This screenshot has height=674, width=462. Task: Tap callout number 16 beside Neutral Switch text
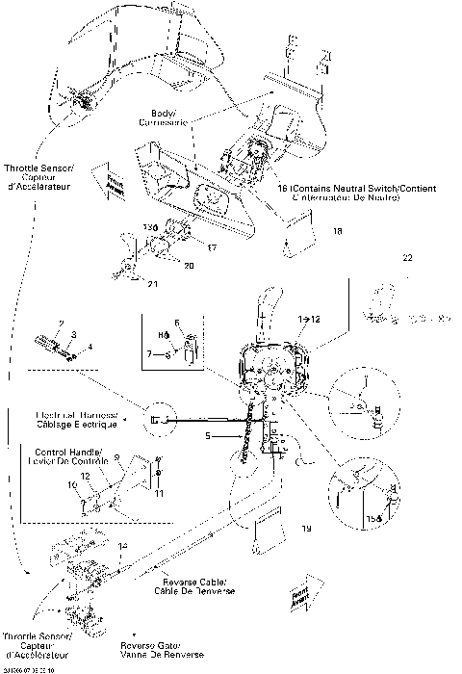coord(280,189)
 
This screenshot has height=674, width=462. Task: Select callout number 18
coord(337,232)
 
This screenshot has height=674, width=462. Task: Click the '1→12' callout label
coord(310,317)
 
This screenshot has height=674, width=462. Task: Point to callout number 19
coord(306,529)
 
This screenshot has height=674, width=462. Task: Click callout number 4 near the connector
coord(90,346)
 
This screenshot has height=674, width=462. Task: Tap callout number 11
coord(159,493)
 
